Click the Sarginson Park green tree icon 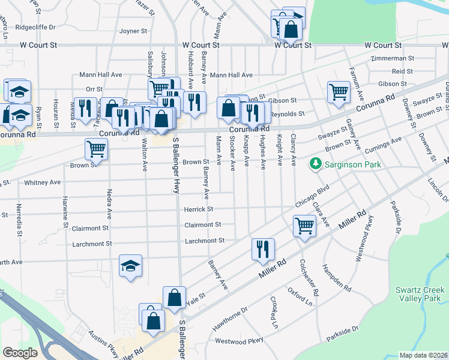[315, 163]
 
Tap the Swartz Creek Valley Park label [418, 294]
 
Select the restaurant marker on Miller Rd [263, 249]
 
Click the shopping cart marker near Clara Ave [304, 227]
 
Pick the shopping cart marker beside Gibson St [339, 92]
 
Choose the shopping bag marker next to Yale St [173, 298]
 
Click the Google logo [20, 352]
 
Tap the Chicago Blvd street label [313, 196]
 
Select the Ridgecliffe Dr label [35, 27]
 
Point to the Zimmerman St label [393, 59]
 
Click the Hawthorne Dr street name [230, 319]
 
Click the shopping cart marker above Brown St [96, 148]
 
